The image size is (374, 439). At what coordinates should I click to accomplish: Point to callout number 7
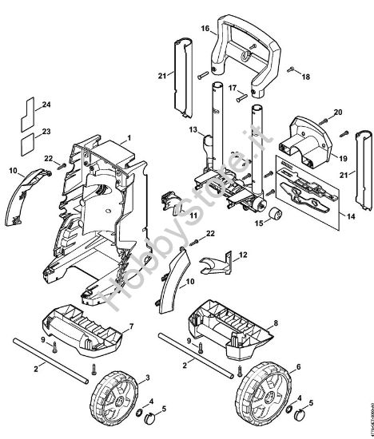[x=131, y=327]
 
